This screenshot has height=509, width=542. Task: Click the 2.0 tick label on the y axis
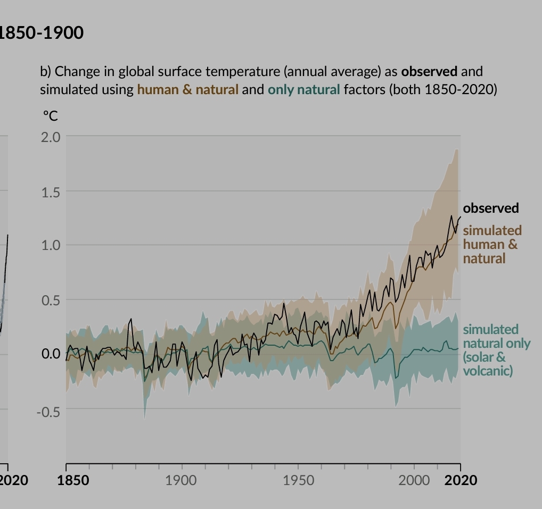tap(51, 137)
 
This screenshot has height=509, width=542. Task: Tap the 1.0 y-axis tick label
tap(51, 246)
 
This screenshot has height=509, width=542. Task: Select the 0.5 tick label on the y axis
tap(51, 301)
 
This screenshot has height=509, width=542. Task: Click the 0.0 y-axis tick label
tap(51, 354)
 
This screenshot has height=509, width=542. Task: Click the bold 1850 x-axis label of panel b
tap(73, 480)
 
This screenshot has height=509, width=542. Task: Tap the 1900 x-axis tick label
tap(181, 480)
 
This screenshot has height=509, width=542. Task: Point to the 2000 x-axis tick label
tap(414, 480)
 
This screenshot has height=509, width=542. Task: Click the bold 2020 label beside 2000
tap(461, 480)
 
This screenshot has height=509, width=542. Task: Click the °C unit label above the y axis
tap(51, 115)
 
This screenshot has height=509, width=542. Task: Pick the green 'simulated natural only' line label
tap(496, 350)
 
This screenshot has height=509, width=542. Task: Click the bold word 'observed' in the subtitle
tap(429, 71)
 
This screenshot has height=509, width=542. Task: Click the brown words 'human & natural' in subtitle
tap(187, 89)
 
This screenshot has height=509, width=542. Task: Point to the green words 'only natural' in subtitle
tap(303, 89)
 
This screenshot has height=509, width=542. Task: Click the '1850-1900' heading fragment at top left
tap(42, 33)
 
